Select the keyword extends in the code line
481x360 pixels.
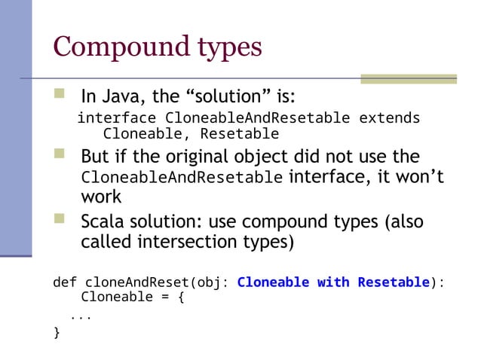click(x=389, y=118)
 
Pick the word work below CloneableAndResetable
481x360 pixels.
click(x=101, y=197)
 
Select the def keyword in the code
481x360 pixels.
click(x=64, y=282)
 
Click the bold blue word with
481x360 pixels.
click(x=332, y=282)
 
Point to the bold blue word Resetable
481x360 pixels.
click(x=393, y=282)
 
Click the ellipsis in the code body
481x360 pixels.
click(x=81, y=316)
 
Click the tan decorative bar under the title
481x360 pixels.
click(x=408, y=78)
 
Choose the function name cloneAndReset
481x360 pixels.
click(x=135, y=282)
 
